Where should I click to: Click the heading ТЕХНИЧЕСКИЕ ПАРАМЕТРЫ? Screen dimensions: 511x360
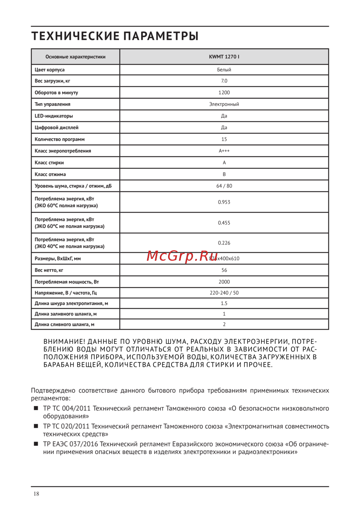[115, 36]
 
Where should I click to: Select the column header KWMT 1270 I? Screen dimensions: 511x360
[224, 57]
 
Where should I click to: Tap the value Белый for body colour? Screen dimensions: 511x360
[224, 70]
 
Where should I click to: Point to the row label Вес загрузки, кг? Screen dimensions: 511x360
[52, 81]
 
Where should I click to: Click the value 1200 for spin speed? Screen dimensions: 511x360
[224, 93]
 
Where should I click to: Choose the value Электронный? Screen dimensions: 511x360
[224, 104]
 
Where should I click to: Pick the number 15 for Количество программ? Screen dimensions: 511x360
[224, 139]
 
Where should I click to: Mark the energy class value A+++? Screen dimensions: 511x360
[224, 151]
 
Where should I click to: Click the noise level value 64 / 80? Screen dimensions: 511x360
[224, 186]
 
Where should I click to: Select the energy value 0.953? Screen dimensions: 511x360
[224, 202]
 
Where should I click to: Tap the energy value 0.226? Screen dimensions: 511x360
[224, 243]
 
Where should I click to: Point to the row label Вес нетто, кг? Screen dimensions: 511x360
[49, 270]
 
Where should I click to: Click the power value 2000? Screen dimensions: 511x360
[224, 282]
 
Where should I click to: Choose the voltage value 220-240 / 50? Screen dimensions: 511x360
[224, 293]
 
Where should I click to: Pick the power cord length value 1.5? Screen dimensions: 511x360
[224, 304]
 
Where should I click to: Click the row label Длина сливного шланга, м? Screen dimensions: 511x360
[64, 324]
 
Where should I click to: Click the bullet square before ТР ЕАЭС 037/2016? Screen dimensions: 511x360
[36, 444]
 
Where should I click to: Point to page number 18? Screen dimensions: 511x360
[36, 494]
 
